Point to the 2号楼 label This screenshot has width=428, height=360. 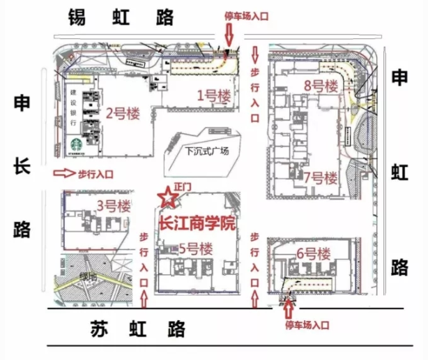(124, 112)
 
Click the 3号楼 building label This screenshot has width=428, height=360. (112, 206)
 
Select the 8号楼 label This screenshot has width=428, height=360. (321, 87)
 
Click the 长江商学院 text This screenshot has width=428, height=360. (198, 225)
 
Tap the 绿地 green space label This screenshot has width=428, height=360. (88, 277)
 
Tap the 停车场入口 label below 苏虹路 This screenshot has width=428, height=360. (307, 325)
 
